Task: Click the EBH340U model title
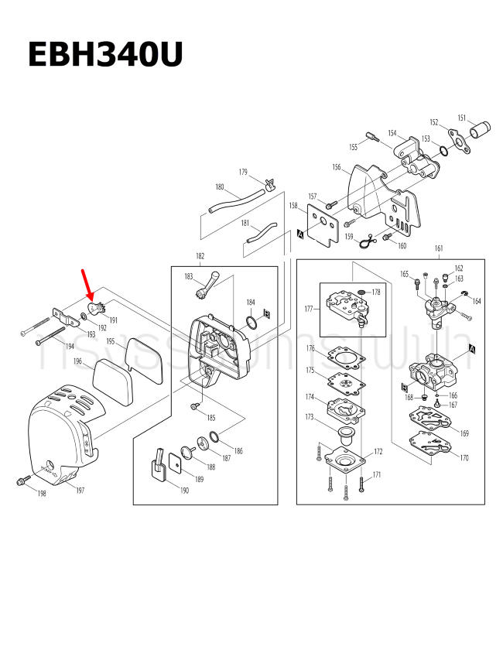pyautogui.click(x=105, y=56)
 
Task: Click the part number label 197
pyautogui.click(x=80, y=491)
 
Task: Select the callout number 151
pyautogui.click(x=461, y=118)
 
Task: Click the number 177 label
pyautogui.click(x=309, y=309)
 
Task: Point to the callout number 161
pyautogui.click(x=439, y=249)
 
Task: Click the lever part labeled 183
pyautogui.click(x=207, y=287)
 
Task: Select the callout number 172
pyautogui.click(x=378, y=450)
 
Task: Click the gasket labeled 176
pyautogui.click(x=345, y=357)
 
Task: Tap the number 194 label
pyautogui.click(x=69, y=346)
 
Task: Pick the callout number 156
pyautogui.click(x=337, y=167)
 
